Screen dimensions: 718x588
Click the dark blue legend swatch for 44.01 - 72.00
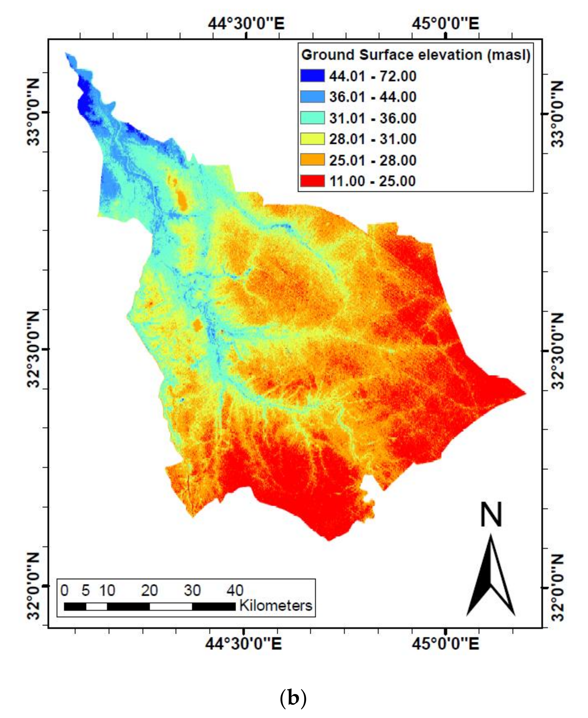tap(312, 76)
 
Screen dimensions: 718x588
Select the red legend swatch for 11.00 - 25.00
tap(312, 181)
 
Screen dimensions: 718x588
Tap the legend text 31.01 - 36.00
tap(373, 118)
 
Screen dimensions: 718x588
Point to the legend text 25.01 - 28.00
tap(373, 160)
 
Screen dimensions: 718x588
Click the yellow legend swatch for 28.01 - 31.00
tap(312, 139)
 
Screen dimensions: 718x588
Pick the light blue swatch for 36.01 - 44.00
tap(312, 97)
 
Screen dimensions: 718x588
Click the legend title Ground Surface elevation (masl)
tap(416, 55)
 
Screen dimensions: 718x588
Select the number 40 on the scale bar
tap(235, 591)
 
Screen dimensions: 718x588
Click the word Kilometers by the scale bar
tap(275, 606)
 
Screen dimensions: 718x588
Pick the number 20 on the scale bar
tap(149, 591)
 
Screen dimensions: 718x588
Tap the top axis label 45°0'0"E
tap(445, 24)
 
